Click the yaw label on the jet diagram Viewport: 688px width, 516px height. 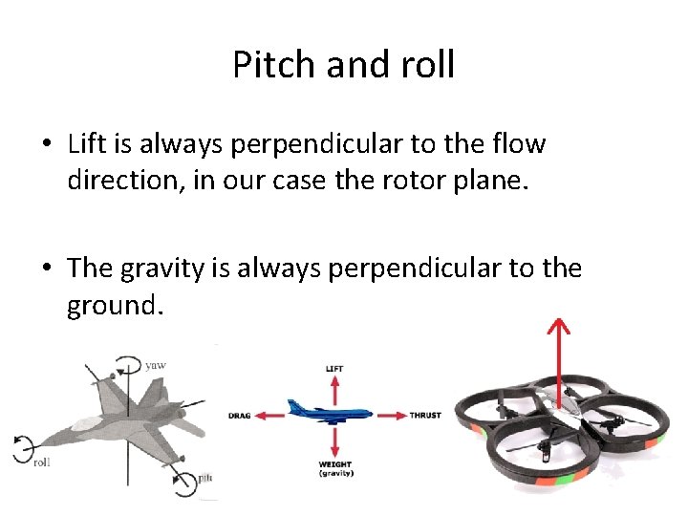tap(156, 364)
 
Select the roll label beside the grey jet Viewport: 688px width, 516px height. tap(42, 462)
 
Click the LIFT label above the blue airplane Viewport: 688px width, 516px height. tap(334, 368)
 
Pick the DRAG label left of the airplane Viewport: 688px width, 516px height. tap(239, 416)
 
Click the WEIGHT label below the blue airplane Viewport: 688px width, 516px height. tap(334, 465)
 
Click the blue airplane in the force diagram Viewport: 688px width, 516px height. tap(333, 414)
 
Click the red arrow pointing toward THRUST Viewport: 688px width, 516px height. tap(392, 416)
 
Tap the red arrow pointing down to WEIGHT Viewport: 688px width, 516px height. tap(334, 441)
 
